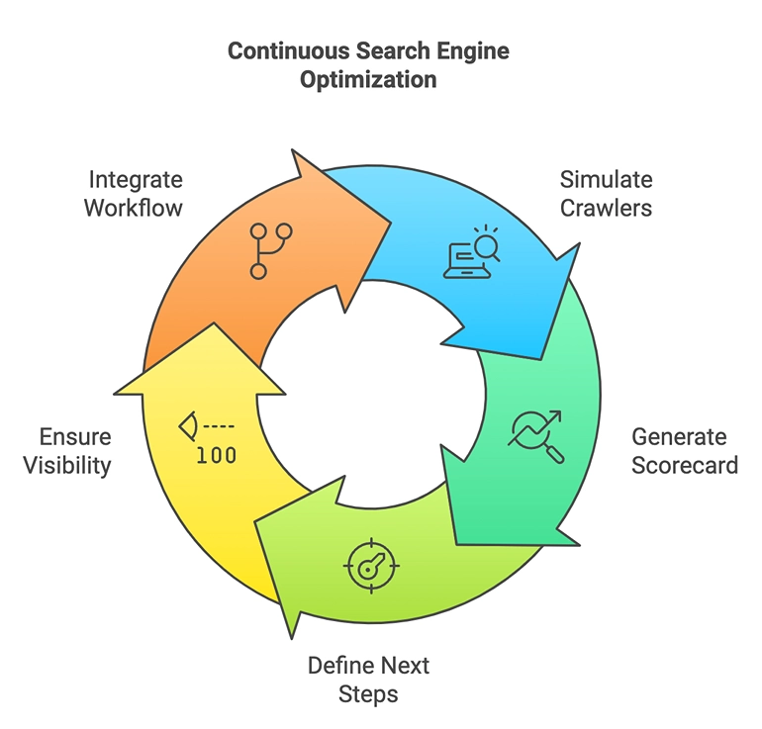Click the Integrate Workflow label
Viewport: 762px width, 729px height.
[x=135, y=194]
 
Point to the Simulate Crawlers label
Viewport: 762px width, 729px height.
[x=607, y=194]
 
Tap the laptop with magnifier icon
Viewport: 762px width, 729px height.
[x=471, y=252]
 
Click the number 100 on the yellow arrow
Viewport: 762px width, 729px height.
[x=216, y=456]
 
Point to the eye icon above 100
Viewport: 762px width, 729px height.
[x=190, y=426]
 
